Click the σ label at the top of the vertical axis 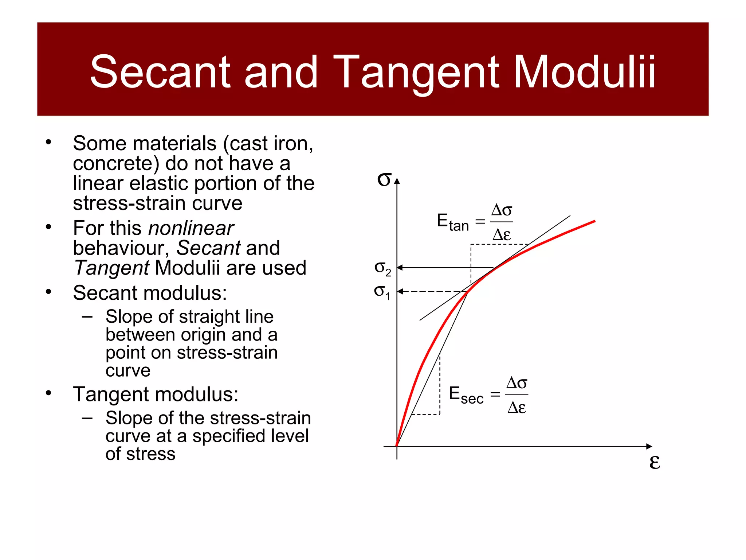[x=384, y=179]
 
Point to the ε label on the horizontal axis [x=655, y=462]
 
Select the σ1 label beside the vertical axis [x=382, y=292]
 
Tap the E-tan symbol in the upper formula [x=452, y=222]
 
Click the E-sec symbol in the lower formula [x=466, y=395]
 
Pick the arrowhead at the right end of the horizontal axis [x=649, y=446]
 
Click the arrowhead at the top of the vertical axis [x=397, y=182]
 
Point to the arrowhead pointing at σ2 [x=400, y=268]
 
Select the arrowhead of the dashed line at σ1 [x=400, y=291]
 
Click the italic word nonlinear [x=191, y=229]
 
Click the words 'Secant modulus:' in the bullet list [x=150, y=293]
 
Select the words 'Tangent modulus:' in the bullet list [x=156, y=394]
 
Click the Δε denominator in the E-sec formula [x=517, y=407]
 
